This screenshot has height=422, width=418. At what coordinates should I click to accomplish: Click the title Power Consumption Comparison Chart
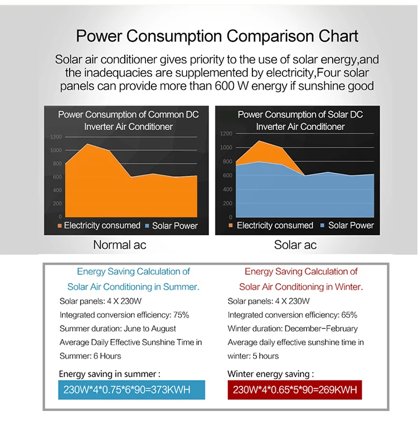coord(217,37)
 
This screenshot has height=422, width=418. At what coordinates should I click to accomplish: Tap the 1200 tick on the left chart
coord(56,137)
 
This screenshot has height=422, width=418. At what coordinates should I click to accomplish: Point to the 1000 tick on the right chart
coord(226,147)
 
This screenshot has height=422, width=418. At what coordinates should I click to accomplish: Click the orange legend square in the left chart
coord(60,226)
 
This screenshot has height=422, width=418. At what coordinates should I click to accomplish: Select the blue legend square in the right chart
coord(323,226)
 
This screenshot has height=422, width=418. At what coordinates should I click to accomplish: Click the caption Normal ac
coord(119,244)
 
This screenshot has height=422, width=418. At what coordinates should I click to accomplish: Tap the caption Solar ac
coord(295,244)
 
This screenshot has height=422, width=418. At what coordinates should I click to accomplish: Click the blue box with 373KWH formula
coord(132,389)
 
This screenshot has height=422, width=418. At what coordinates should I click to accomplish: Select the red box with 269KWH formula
coord(295,389)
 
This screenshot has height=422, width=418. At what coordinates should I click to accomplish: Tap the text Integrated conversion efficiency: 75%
coord(124,315)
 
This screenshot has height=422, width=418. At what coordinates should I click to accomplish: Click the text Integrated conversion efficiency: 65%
coord(293,315)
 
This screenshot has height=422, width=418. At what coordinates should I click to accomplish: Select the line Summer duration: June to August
coord(118,328)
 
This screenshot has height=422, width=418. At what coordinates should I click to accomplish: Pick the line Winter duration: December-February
coord(293,328)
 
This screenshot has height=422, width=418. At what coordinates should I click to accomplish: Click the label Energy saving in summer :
coord(109,374)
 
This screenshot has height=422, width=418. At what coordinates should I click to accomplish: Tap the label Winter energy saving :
coord(271,374)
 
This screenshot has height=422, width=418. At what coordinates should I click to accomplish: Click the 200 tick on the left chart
coord(58,203)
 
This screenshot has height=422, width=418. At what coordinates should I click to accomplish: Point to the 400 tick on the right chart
coord(227,190)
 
